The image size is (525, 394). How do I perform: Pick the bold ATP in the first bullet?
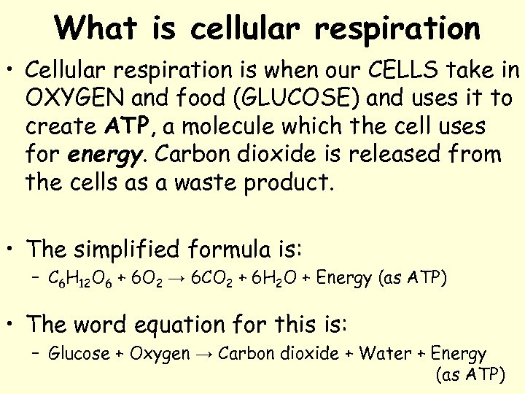(x=128, y=126)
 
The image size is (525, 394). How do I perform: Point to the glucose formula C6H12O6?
(x=79, y=279)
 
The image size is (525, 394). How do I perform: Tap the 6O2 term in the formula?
(x=149, y=279)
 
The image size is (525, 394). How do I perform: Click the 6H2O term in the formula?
(x=282, y=279)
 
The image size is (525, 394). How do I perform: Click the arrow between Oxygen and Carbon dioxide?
(x=204, y=355)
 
